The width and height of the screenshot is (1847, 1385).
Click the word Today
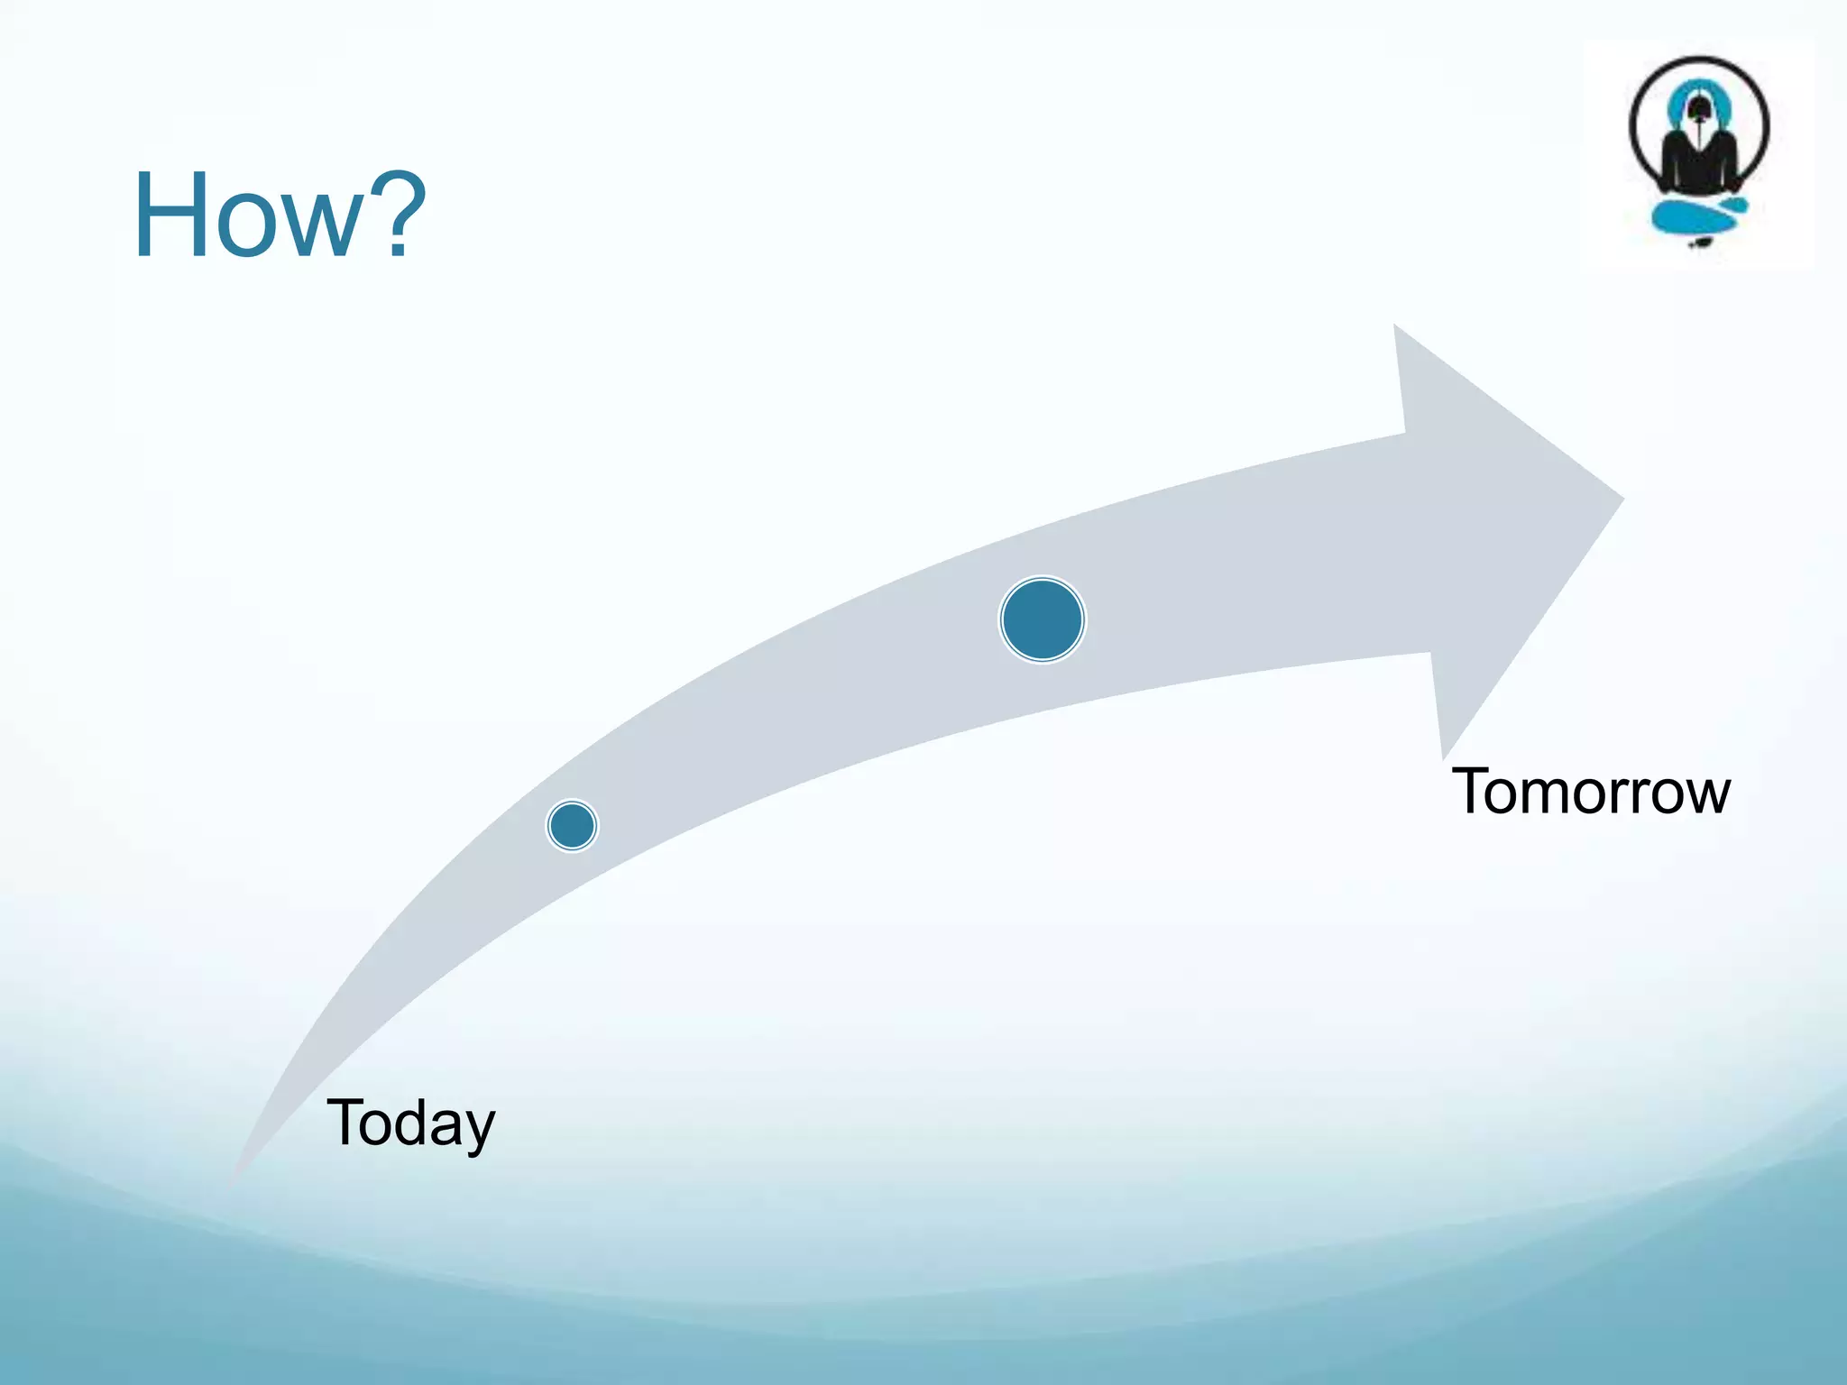410,1123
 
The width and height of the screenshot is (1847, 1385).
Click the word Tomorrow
1591,792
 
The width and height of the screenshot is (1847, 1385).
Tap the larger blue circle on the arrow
1042,619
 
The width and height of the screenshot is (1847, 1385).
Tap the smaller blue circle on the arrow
572,825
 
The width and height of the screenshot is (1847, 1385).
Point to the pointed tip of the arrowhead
1621,498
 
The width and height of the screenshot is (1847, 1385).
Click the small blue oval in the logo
1734,206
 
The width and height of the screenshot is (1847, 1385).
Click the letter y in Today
477,1130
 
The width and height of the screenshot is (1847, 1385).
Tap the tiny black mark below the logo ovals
1700,243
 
